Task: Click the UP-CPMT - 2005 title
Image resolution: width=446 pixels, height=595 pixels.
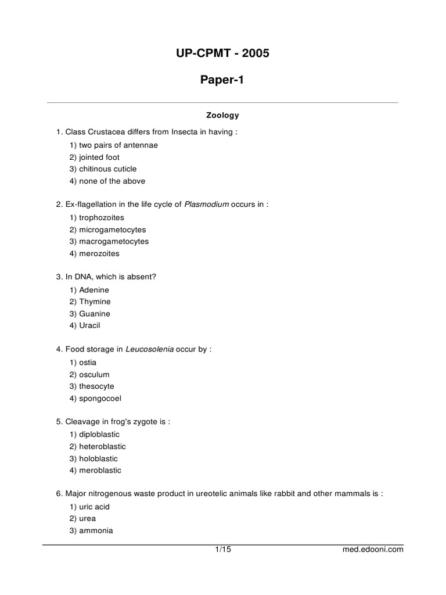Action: click(222, 54)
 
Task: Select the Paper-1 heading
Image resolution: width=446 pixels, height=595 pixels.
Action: click(222, 80)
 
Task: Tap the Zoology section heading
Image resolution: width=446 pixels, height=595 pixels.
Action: click(222, 116)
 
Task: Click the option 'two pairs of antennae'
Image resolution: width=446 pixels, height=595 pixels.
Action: click(118, 145)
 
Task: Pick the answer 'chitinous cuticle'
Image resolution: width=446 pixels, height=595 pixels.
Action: click(107, 169)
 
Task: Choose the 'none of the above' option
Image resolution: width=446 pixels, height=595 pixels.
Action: click(112, 181)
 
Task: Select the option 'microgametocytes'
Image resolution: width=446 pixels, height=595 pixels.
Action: click(112, 230)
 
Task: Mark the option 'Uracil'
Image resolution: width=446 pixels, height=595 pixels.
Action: click(89, 326)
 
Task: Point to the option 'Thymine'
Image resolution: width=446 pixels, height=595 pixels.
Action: click(95, 302)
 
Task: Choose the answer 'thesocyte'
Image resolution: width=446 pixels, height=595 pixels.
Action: click(96, 386)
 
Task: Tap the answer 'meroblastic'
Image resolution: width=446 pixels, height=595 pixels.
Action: click(100, 471)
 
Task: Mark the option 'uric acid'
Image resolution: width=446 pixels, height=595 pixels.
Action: click(94, 507)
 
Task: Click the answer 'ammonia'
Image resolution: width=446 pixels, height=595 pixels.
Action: click(96, 531)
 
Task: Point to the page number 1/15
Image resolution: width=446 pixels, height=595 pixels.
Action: click(223, 549)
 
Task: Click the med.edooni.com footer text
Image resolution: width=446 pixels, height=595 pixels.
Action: click(373, 550)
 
